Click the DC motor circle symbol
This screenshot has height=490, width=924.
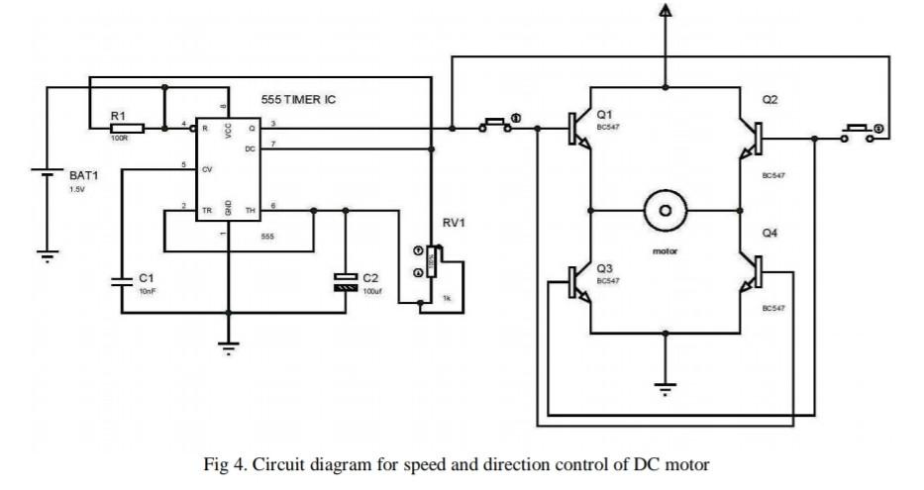point(666,211)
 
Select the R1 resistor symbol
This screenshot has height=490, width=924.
point(127,128)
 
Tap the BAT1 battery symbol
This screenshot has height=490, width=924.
point(46,176)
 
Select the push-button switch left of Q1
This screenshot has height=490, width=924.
point(495,126)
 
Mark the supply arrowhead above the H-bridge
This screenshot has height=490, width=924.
point(665,11)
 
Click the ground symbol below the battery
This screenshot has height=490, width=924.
point(46,255)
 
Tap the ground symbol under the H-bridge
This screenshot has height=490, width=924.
point(665,387)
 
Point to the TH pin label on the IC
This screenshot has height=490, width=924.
point(250,210)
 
